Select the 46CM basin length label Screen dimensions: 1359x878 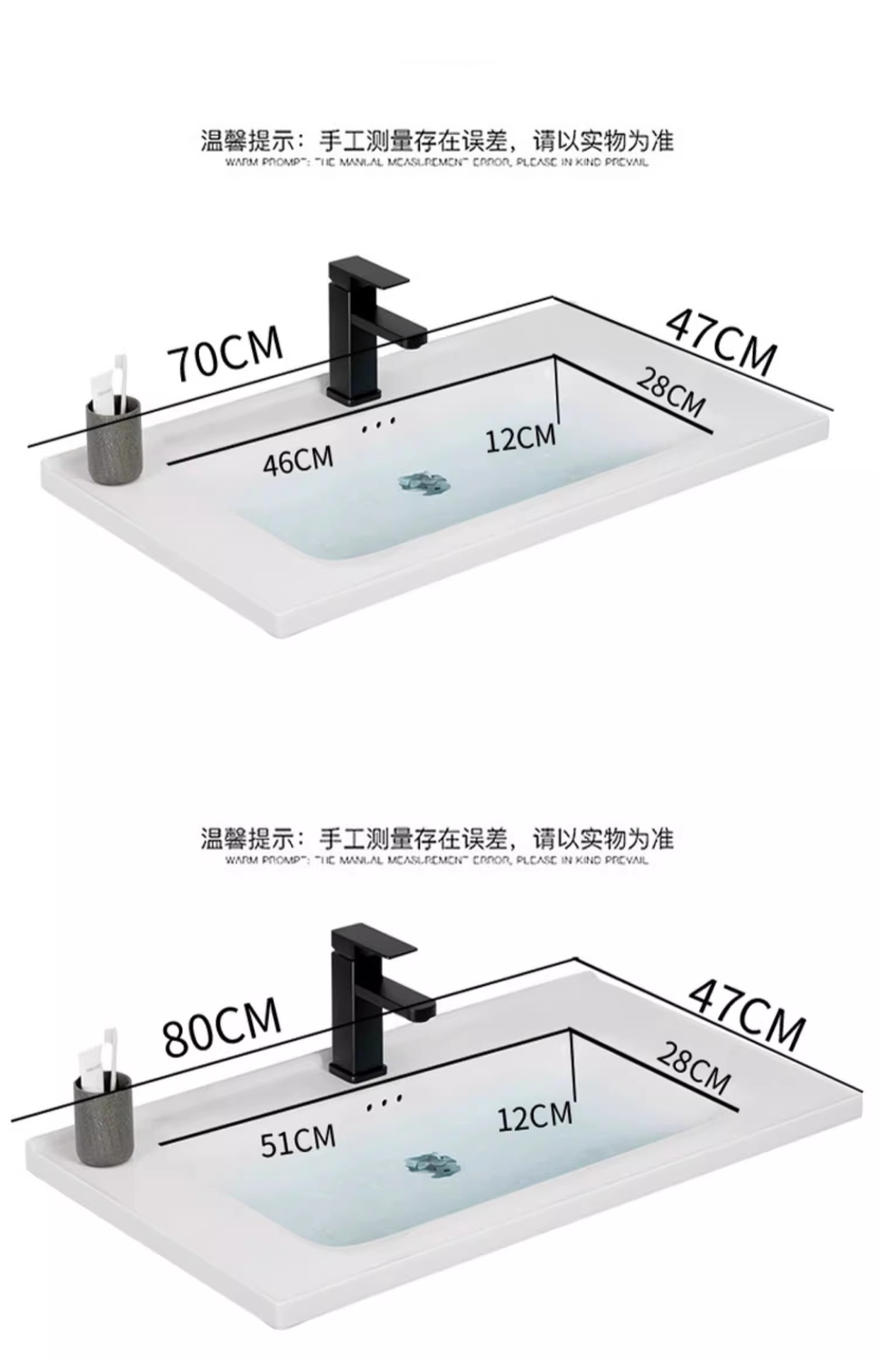click(x=297, y=460)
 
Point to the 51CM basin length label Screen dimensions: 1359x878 click(x=297, y=1141)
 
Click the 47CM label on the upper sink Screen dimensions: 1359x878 click(x=721, y=342)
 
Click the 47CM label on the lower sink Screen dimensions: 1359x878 click(x=746, y=1011)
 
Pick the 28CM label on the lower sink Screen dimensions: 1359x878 click(x=692, y=1068)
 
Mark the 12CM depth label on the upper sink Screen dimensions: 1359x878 click(x=520, y=438)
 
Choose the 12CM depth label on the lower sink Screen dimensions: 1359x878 click(x=534, y=1116)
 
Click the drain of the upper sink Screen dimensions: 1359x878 click(x=423, y=483)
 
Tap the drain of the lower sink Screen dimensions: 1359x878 click(x=433, y=1164)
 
